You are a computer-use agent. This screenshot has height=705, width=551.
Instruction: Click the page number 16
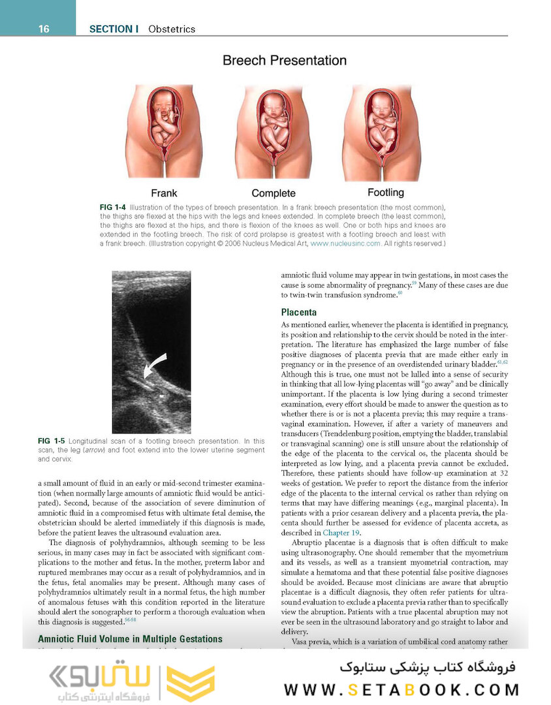[x=44, y=29]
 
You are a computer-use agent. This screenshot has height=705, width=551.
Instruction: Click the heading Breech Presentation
[x=284, y=61]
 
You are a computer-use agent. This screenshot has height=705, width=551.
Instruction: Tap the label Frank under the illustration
[x=164, y=193]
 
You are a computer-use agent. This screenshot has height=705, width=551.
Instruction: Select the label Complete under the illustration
[x=274, y=193]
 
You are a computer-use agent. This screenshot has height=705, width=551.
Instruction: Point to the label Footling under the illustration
[x=385, y=193]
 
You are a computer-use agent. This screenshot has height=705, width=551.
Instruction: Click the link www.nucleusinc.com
[x=345, y=243]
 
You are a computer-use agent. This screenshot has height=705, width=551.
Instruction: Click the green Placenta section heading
[x=299, y=312]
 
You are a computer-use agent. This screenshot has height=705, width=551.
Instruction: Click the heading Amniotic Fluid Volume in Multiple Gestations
[x=131, y=639]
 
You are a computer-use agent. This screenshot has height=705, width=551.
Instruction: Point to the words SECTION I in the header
[x=114, y=29]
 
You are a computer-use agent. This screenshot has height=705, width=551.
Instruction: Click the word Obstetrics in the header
[x=172, y=29]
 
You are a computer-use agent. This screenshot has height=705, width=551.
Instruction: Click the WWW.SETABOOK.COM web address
[x=401, y=690]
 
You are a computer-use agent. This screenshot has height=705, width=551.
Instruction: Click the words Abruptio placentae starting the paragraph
[x=322, y=543]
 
